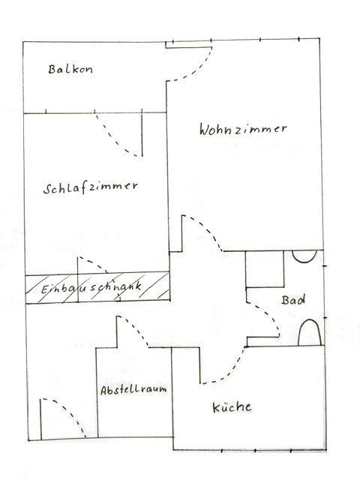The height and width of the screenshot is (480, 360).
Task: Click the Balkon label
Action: pyautogui.click(x=70, y=69)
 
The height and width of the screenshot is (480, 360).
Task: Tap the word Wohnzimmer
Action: pyautogui.click(x=243, y=129)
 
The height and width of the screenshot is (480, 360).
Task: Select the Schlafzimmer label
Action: pyautogui.click(x=91, y=187)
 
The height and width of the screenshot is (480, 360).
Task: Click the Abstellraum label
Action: pyautogui.click(x=133, y=390)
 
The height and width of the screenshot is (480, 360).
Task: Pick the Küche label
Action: pyautogui.click(x=232, y=406)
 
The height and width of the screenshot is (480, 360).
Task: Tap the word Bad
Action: pyautogui.click(x=293, y=300)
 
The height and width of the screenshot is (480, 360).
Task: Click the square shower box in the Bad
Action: pyautogui.click(x=265, y=269)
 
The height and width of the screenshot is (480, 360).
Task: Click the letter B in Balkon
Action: pyautogui.click(x=52, y=69)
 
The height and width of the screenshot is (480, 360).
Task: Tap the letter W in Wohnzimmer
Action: pyautogui.click(x=205, y=130)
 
